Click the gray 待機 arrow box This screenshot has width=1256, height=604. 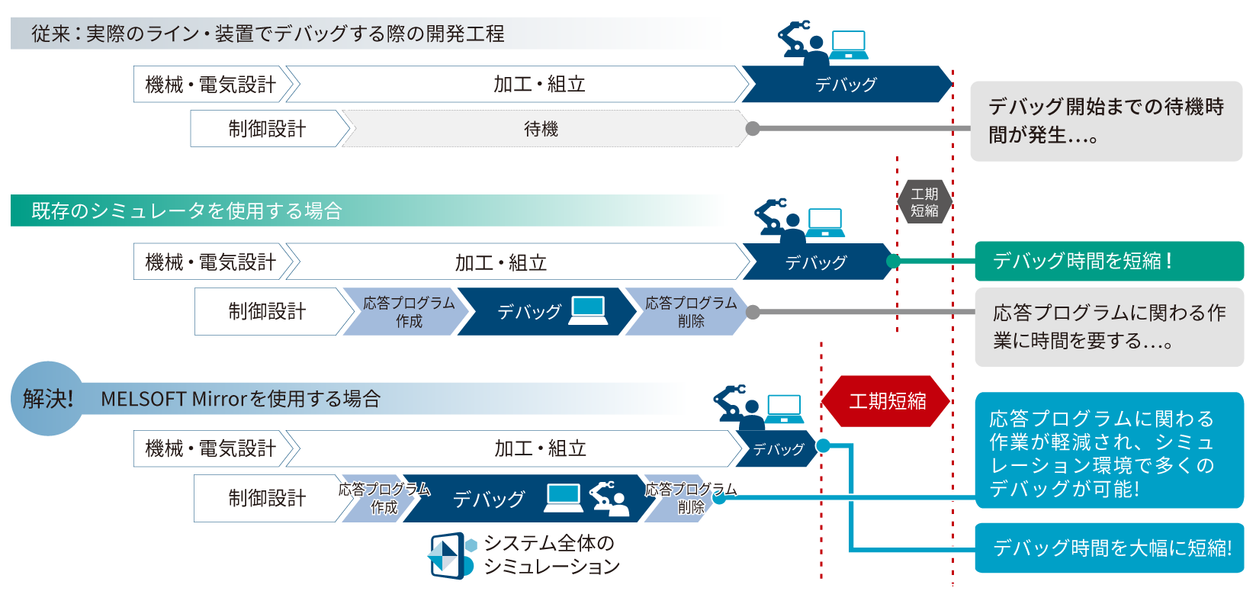coord(541,129)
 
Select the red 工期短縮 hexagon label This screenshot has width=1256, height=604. coord(887,400)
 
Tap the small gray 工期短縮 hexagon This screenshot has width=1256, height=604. coord(924,202)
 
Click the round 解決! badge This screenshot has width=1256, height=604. coord(47,398)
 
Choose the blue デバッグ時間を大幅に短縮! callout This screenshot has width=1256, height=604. coord(1110,548)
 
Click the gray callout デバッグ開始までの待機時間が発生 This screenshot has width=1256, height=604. coord(1106,121)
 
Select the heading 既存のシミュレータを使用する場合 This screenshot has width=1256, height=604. coord(187,210)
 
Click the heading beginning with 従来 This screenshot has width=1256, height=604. coord(267,34)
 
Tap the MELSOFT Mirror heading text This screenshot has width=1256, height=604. coord(240,399)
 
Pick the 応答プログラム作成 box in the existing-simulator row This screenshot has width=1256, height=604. coord(408,312)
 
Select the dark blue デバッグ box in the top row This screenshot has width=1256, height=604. coord(845,85)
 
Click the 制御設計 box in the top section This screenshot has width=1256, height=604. coord(266,129)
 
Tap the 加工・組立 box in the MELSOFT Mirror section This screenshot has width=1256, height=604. coord(540,448)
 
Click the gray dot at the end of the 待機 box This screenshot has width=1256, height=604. coord(753,129)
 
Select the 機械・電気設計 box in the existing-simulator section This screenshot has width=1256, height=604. coord(210,262)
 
